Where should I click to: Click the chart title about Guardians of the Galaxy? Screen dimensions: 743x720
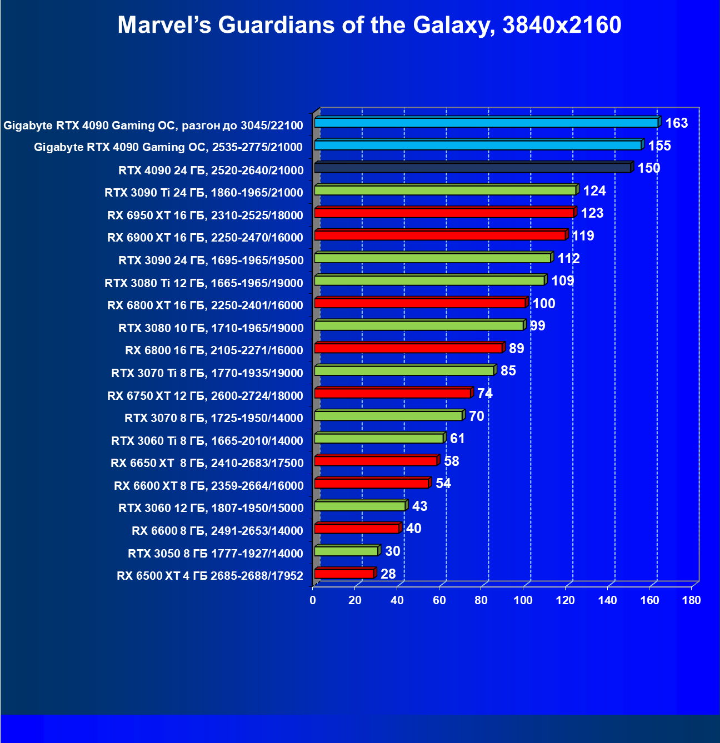tap(369, 25)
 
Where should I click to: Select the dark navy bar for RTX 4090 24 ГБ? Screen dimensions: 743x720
tap(472, 168)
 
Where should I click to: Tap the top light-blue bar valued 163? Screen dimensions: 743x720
tap(486, 123)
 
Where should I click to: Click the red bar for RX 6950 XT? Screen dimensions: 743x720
tap(444, 213)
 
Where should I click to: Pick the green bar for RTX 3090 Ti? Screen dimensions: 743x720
tap(445, 190)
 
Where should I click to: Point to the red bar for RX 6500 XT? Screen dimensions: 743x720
tap(344, 574)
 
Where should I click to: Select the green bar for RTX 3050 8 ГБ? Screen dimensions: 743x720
tap(346, 551)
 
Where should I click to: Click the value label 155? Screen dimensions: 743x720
tap(659, 145)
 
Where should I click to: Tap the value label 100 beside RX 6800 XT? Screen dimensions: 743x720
tap(544, 303)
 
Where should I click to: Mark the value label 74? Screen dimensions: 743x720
tap(484, 393)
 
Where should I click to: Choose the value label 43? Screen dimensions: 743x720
tap(419, 506)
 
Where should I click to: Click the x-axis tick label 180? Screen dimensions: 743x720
tap(692, 600)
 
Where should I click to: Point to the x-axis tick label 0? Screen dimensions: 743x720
tap(313, 600)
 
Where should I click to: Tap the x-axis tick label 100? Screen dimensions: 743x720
tap(523, 600)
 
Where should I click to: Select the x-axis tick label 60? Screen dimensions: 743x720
tap(439, 600)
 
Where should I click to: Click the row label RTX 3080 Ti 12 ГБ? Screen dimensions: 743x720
tap(204, 283)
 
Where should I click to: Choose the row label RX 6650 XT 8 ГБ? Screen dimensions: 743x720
tap(207, 463)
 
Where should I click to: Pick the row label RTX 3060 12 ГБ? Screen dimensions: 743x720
tap(211, 508)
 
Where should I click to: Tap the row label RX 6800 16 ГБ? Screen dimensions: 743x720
tap(214, 350)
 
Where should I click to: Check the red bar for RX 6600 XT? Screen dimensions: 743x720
tap(371, 484)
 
